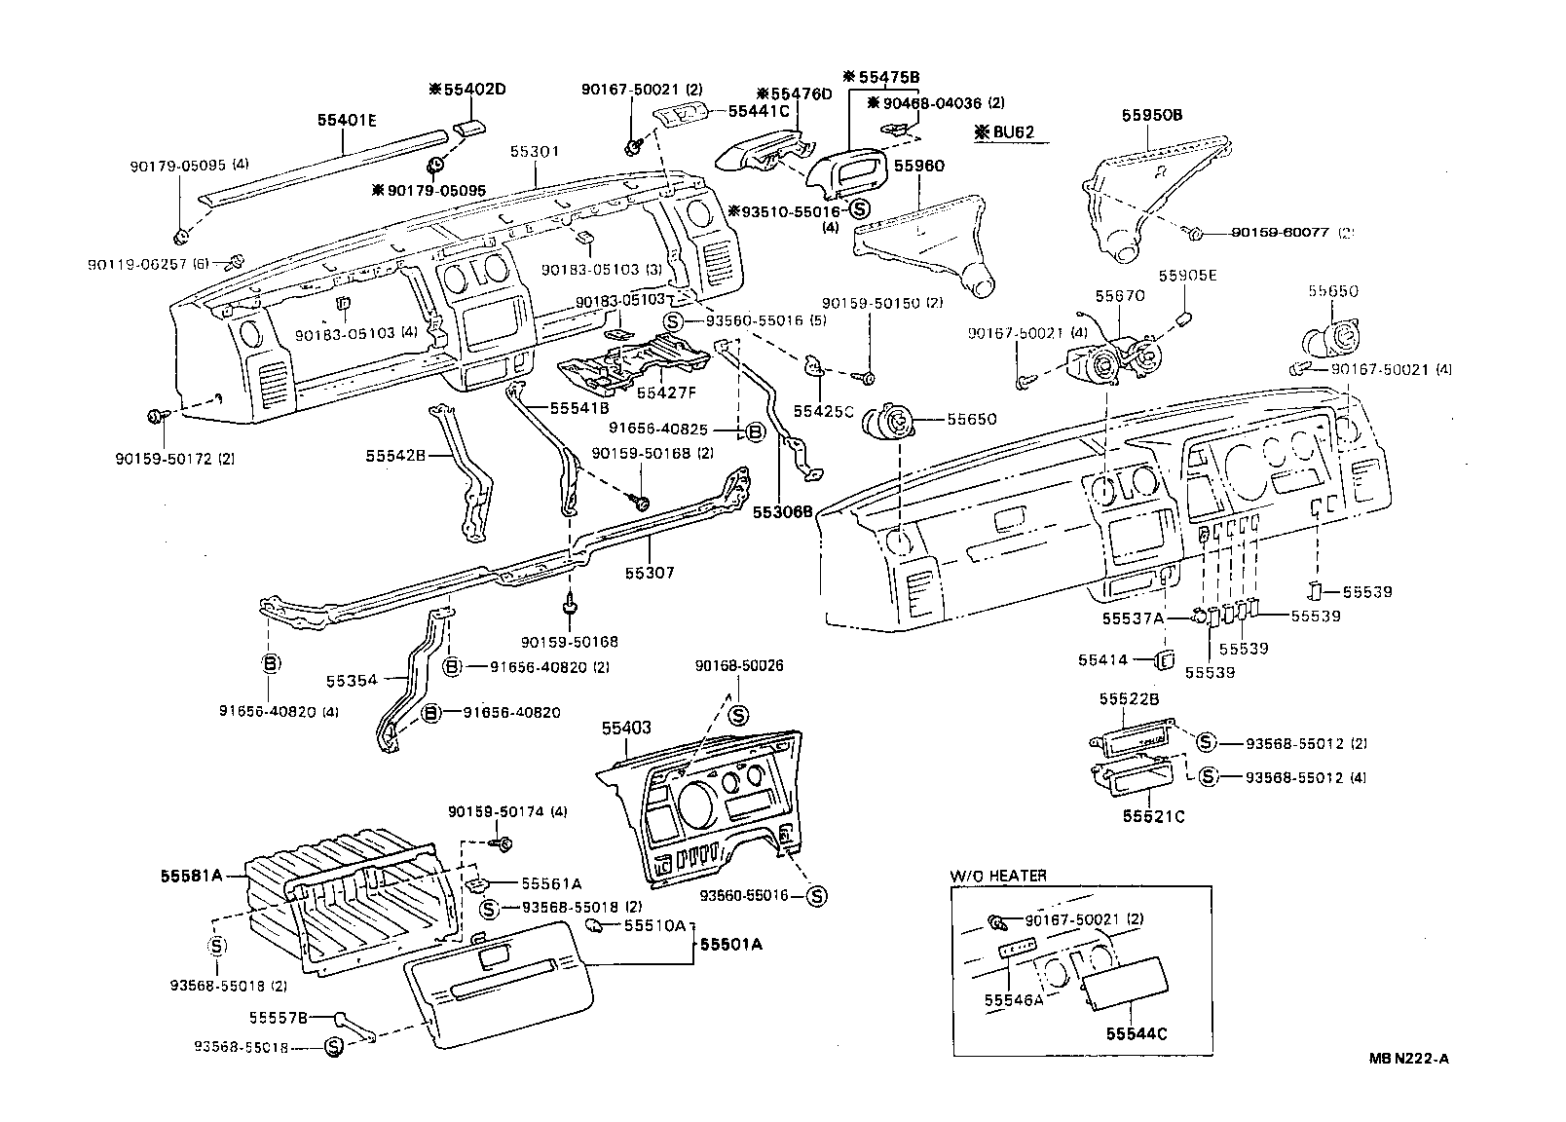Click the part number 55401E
tap(346, 121)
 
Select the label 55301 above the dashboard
tap(534, 152)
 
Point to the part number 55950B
tap(1151, 114)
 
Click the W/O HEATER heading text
tap(998, 876)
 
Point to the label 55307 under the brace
tap(651, 573)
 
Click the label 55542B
tap(395, 455)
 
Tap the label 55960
tap(919, 167)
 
